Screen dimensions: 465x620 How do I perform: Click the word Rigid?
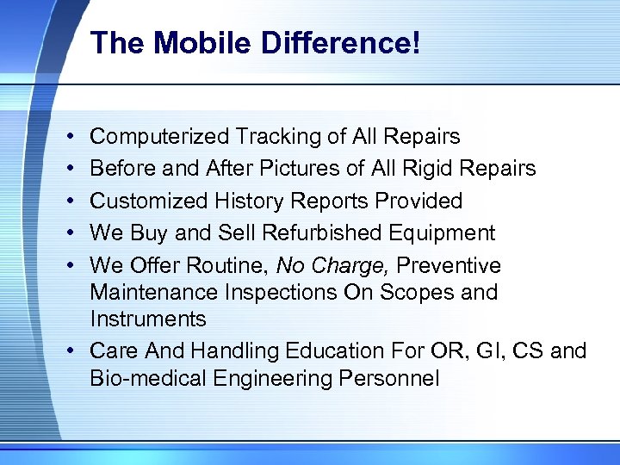click(x=428, y=168)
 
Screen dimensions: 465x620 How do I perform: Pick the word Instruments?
click(x=148, y=319)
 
